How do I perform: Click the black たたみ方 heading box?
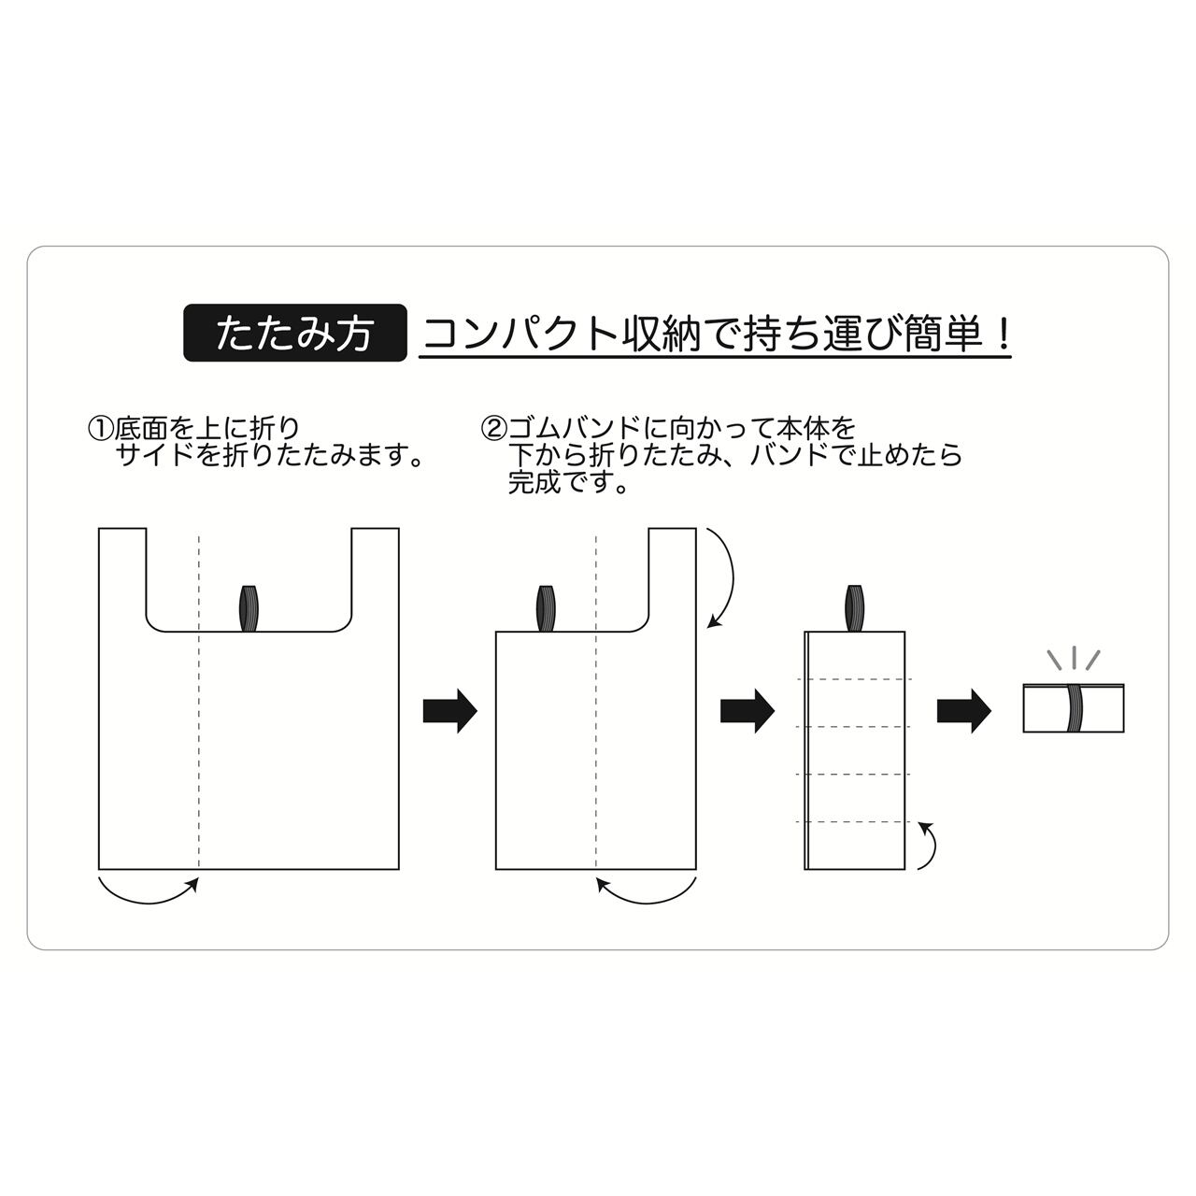(x=295, y=334)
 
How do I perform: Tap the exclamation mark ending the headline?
(x=1003, y=334)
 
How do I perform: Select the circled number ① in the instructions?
(x=100, y=430)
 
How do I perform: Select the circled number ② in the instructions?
(x=492, y=430)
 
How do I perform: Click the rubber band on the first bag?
(x=249, y=609)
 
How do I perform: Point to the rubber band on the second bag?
(x=546, y=609)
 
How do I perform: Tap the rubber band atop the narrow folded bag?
(x=854, y=608)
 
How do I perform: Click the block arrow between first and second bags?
(x=450, y=711)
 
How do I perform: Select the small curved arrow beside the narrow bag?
(x=929, y=846)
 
